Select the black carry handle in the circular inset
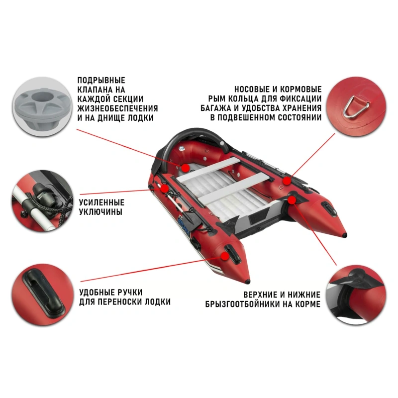(44, 294)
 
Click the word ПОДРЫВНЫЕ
(101, 80)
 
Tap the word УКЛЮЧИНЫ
(101, 212)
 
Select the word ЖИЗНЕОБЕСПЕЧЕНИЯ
(117, 108)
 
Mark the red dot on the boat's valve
(185, 168)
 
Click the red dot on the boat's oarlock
(165, 189)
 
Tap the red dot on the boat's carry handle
(225, 256)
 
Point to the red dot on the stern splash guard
(292, 200)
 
